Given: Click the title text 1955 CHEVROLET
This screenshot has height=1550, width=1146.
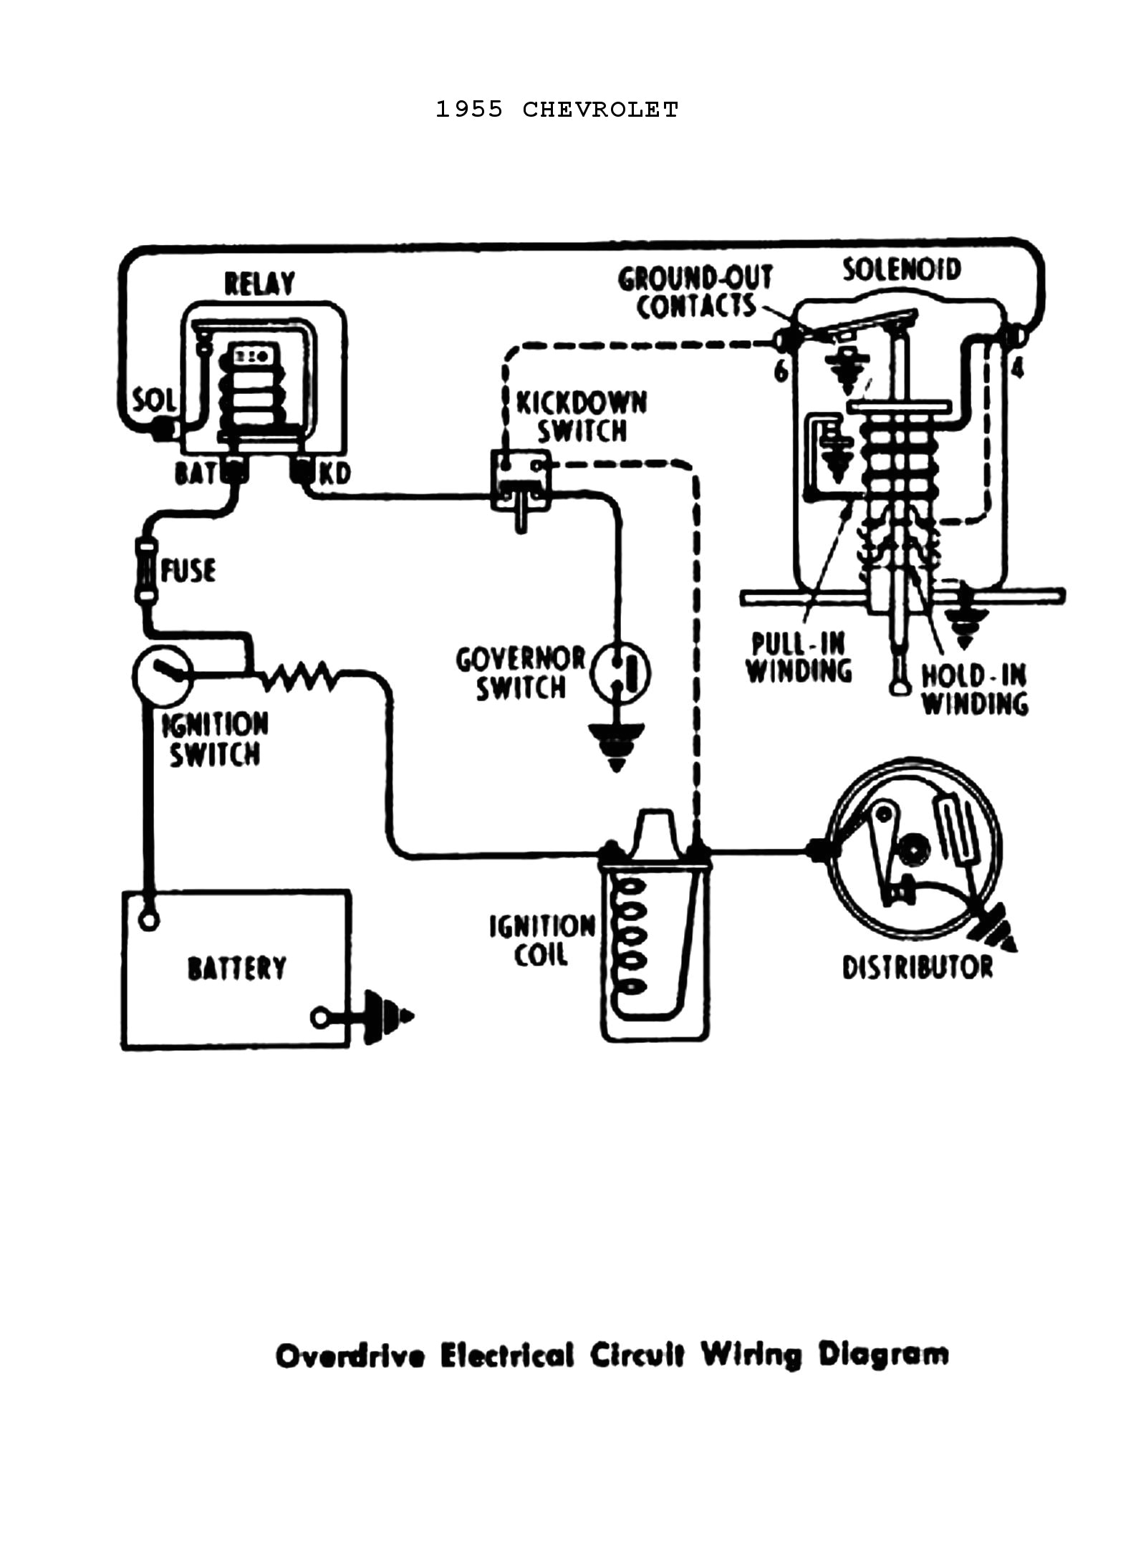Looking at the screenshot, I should coord(557,110).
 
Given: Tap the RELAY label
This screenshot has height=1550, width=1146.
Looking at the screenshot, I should coord(259,284).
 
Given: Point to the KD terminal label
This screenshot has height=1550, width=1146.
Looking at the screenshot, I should coord(334,474).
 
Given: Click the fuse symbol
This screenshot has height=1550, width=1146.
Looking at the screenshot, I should coord(146,571).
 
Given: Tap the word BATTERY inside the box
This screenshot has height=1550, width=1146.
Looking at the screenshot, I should coord(236,968).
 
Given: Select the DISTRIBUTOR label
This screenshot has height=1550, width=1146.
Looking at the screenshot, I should coord(917,968).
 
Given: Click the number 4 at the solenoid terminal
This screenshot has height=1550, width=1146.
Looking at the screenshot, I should coord(1018,369).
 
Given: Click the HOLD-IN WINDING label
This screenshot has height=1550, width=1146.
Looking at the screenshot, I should coord(973,689).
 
